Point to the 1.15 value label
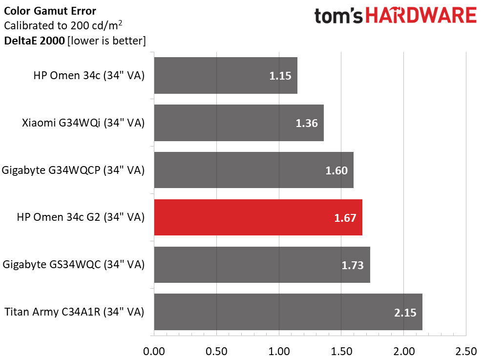pos(280,76)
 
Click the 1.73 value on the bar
pos(353,265)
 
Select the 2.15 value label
pos(405,312)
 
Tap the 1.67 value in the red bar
pos(345,218)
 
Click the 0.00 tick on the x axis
pos(154,351)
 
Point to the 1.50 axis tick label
pos(341,351)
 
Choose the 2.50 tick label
pos(466,351)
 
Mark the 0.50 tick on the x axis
pos(216,351)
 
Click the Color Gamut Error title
pos(50,11)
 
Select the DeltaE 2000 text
pos(34,41)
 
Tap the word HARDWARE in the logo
pos(421,16)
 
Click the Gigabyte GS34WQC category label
pos(74,265)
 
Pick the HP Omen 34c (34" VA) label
pos(89,76)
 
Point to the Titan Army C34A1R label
pos(74,312)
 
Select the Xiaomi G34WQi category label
pos(83,123)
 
